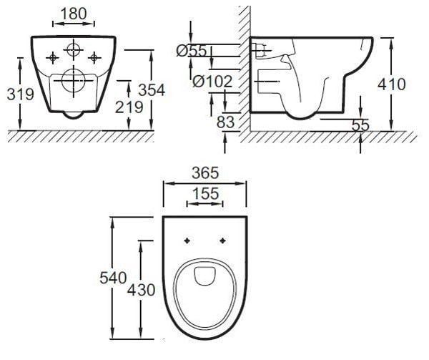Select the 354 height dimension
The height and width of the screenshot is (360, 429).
152,89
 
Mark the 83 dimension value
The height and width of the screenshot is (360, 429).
226,122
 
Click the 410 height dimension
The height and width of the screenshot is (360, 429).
391,84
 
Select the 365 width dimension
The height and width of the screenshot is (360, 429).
205,173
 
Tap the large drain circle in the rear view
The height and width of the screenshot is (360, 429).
72,82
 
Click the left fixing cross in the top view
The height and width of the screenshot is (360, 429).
186,240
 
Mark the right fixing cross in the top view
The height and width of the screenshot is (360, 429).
224,240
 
